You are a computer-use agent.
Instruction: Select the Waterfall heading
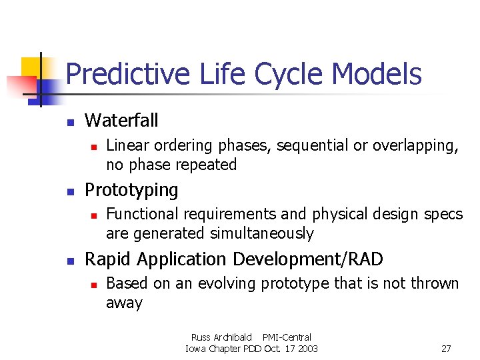[121, 121]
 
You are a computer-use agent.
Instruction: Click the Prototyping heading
[131, 190]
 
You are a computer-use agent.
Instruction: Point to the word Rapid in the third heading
[107, 259]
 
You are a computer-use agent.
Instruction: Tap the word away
[124, 303]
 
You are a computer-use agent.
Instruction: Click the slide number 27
[446, 349]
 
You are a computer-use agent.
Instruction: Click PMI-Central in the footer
[287, 337]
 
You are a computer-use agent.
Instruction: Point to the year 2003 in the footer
[307, 349]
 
